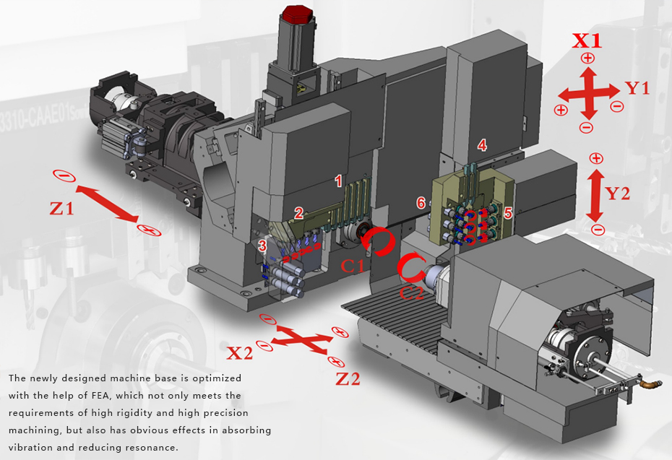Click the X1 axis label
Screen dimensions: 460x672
click(x=586, y=40)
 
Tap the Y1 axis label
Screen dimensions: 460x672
click(x=637, y=88)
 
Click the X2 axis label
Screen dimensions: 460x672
click(x=240, y=353)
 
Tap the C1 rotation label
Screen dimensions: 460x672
click(x=353, y=265)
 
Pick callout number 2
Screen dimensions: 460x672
click(x=298, y=212)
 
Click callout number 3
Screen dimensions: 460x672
click(x=262, y=246)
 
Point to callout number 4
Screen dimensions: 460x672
click(x=482, y=146)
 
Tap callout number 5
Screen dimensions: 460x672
click(x=508, y=212)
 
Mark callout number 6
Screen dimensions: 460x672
click(x=421, y=204)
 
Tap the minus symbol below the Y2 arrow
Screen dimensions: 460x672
click(x=597, y=230)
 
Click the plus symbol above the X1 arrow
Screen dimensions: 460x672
click(x=587, y=58)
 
